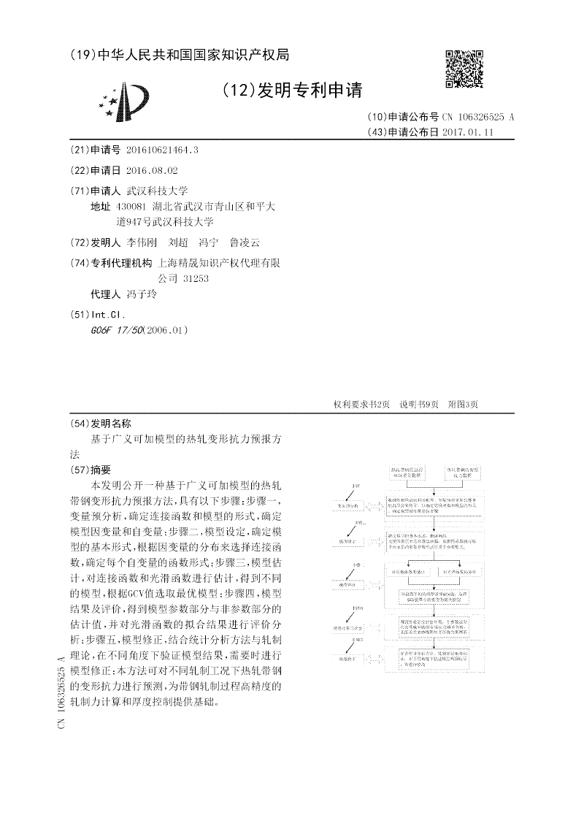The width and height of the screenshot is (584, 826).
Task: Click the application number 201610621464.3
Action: tap(162, 150)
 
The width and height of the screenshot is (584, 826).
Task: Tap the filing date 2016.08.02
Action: tap(152, 170)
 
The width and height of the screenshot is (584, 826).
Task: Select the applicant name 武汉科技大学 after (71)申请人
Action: tap(158, 190)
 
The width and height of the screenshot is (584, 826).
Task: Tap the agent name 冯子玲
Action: tap(142, 295)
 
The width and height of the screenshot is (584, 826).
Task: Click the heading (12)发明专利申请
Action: tap(291, 91)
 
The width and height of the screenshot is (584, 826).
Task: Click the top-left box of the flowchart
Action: tap(412, 470)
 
